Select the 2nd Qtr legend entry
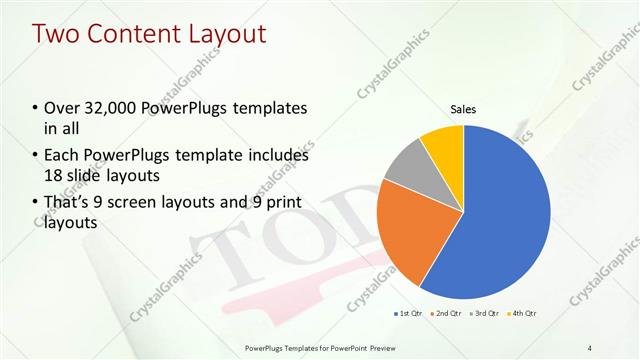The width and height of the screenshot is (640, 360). click(x=446, y=313)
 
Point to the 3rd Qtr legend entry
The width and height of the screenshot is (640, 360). click(x=485, y=313)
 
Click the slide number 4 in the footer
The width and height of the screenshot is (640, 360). click(x=590, y=348)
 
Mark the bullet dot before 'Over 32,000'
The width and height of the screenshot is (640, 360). click(x=36, y=109)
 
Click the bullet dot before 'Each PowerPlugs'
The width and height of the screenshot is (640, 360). click(x=36, y=156)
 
